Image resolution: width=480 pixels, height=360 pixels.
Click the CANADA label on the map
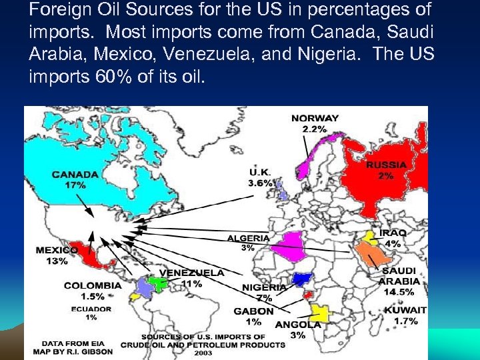[x=75, y=175]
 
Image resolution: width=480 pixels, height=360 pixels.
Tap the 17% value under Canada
[x=75, y=185]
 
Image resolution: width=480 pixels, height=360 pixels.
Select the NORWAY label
[x=315, y=118]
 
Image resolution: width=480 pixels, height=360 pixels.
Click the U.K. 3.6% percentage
[x=260, y=183]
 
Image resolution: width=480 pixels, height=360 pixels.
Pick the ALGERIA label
[x=249, y=238]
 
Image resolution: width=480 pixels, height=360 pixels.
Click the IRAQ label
[x=393, y=233]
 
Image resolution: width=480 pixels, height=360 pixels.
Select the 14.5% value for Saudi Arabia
[x=399, y=291]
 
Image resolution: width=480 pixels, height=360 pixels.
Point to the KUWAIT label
[x=405, y=310]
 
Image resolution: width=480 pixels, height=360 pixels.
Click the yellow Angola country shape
[x=320, y=311]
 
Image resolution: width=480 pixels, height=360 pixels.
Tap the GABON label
[x=253, y=311]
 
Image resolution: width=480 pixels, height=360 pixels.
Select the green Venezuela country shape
[x=158, y=283]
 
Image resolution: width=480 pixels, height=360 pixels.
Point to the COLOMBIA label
[x=93, y=285]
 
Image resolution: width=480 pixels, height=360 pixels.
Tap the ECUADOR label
[x=93, y=309]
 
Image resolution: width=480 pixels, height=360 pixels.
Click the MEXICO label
[x=57, y=251]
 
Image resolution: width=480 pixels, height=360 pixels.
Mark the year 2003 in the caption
[x=203, y=353]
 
